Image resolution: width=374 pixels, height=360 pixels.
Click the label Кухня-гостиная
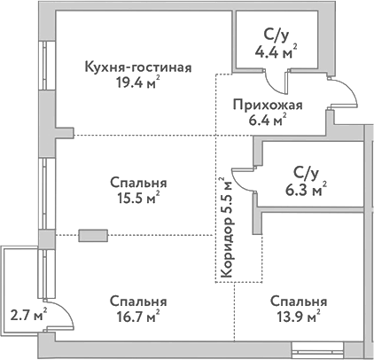(137, 68)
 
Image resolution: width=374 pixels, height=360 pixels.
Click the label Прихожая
(267, 105)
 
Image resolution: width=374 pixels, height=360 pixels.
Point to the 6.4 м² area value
(267, 121)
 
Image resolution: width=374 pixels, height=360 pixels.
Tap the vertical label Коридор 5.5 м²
(228, 229)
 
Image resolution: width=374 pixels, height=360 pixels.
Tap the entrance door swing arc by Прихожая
(345, 92)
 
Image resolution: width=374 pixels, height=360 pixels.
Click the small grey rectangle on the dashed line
(91, 236)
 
